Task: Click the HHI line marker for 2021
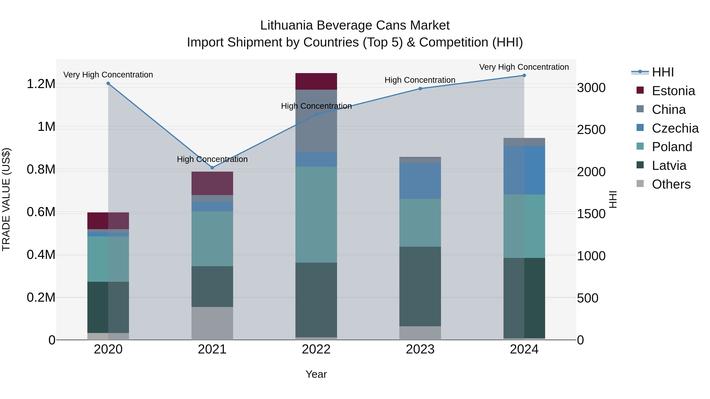[x=212, y=168]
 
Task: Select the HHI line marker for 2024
[x=524, y=75]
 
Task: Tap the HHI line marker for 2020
[x=108, y=83]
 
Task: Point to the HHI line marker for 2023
[x=420, y=89]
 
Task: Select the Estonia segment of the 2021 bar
[x=212, y=183]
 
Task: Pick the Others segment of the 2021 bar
[x=212, y=323]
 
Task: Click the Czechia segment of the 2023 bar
[x=420, y=181]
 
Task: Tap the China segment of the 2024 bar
[x=524, y=142]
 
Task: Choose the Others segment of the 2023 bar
[x=420, y=333]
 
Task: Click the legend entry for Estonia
[x=673, y=91]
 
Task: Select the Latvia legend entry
[x=669, y=166]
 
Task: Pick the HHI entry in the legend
[x=663, y=72]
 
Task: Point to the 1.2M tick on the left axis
[x=41, y=84]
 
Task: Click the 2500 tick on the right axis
[x=591, y=130]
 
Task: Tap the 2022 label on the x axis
[x=316, y=349]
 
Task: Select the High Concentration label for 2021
[x=212, y=159]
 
